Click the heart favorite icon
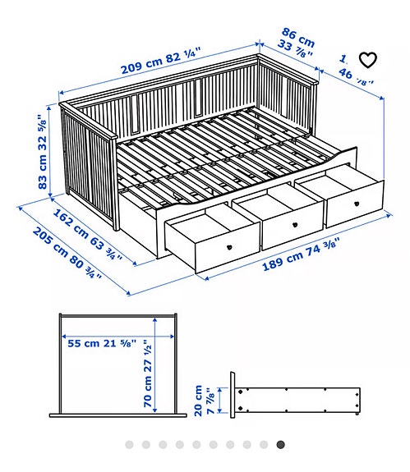(368, 59)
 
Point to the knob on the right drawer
(357, 200)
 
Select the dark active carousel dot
(280, 445)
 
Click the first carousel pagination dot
(129, 445)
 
